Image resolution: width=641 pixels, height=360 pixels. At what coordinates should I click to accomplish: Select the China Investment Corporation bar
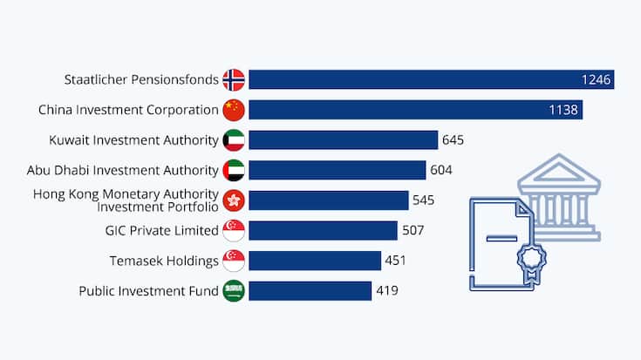[415, 110]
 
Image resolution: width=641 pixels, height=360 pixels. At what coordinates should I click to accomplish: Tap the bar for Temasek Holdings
[315, 261]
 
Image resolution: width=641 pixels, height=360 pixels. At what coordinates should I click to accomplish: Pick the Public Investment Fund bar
[310, 290]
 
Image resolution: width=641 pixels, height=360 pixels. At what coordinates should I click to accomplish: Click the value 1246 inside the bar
[597, 80]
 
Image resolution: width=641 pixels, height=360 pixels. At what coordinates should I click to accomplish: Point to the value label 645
[453, 140]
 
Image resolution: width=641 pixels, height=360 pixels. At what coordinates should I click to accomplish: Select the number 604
[441, 170]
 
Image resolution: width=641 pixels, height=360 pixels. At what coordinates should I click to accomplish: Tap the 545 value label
[424, 200]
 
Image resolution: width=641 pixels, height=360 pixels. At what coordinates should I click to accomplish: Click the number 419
[387, 290]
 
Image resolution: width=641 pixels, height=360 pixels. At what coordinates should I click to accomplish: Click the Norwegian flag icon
[234, 80]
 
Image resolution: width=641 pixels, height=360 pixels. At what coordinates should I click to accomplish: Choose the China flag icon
[234, 110]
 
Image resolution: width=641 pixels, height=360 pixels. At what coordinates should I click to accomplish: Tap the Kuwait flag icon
[234, 140]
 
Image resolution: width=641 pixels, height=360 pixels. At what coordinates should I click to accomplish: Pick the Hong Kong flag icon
[234, 200]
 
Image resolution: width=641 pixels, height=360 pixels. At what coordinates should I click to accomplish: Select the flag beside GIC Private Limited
[234, 230]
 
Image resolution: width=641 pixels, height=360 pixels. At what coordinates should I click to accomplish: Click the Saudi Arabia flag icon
[234, 290]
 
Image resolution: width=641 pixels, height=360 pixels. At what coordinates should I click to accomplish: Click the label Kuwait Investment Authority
[133, 140]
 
